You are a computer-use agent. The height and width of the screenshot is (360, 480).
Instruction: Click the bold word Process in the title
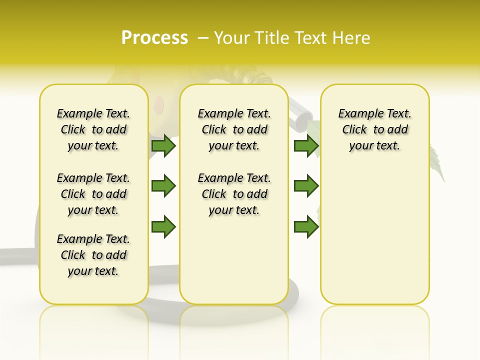pyautogui.click(x=154, y=38)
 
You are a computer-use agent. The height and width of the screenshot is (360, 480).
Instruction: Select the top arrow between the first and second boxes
pyautogui.click(x=163, y=145)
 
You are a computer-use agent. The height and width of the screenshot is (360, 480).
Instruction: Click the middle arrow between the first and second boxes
pyautogui.click(x=163, y=186)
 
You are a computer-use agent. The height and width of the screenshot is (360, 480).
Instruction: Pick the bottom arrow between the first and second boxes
pyautogui.click(x=163, y=226)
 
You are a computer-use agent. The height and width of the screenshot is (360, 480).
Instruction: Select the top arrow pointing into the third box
pyautogui.click(x=306, y=145)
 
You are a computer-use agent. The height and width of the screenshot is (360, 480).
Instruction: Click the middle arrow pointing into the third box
pyautogui.click(x=306, y=186)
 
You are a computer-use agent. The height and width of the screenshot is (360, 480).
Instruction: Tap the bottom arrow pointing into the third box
pyautogui.click(x=306, y=226)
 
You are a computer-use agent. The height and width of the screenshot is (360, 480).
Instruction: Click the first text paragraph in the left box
pyautogui.click(x=93, y=129)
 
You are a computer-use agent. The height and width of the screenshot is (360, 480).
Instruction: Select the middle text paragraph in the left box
pyautogui.click(x=93, y=194)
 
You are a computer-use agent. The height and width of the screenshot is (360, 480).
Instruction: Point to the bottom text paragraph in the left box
pyautogui.click(x=93, y=255)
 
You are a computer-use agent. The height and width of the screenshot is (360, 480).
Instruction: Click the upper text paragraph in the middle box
pyautogui.click(x=234, y=129)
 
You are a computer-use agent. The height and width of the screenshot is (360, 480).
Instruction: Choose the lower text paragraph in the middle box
pyautogui.click(x=234, y=194)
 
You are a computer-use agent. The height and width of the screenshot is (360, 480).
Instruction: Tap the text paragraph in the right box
pyautogui.click(x=375, y=129)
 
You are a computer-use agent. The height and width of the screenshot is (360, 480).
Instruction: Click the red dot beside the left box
pyautogui.click(x=159, y=104)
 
